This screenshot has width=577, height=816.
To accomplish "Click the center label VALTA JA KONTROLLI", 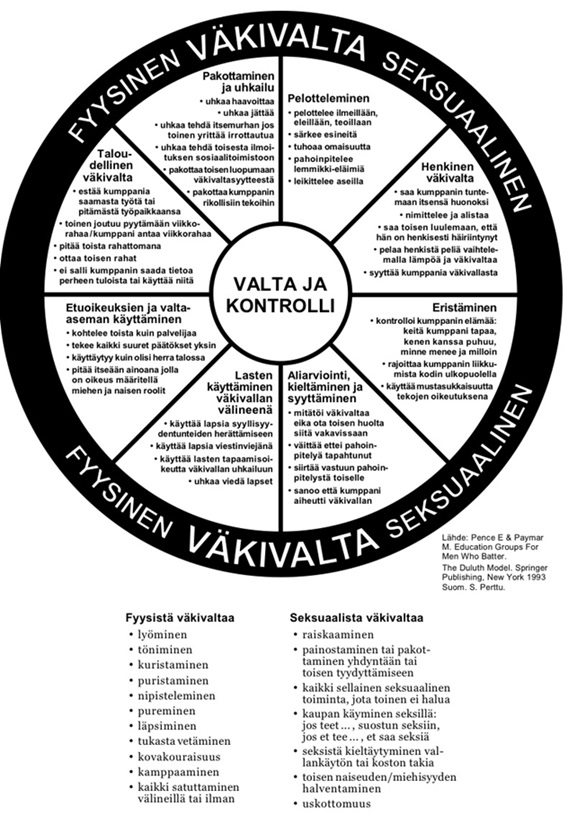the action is (279, 295).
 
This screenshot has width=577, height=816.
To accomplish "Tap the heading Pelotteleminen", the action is (329, 98).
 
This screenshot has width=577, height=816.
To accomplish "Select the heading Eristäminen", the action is (465, 308).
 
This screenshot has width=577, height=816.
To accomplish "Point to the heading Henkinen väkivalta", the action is (447, 173).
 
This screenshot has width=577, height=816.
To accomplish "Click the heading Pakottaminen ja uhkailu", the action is (239, 81).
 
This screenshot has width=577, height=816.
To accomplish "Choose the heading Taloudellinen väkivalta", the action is (115, 165).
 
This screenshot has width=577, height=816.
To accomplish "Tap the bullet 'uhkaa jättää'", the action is (246, 112).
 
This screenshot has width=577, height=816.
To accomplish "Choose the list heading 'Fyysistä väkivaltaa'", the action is (180, 618).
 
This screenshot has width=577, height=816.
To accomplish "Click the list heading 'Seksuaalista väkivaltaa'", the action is (356, 618).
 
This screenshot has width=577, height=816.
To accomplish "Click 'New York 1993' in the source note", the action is (516, 578).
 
